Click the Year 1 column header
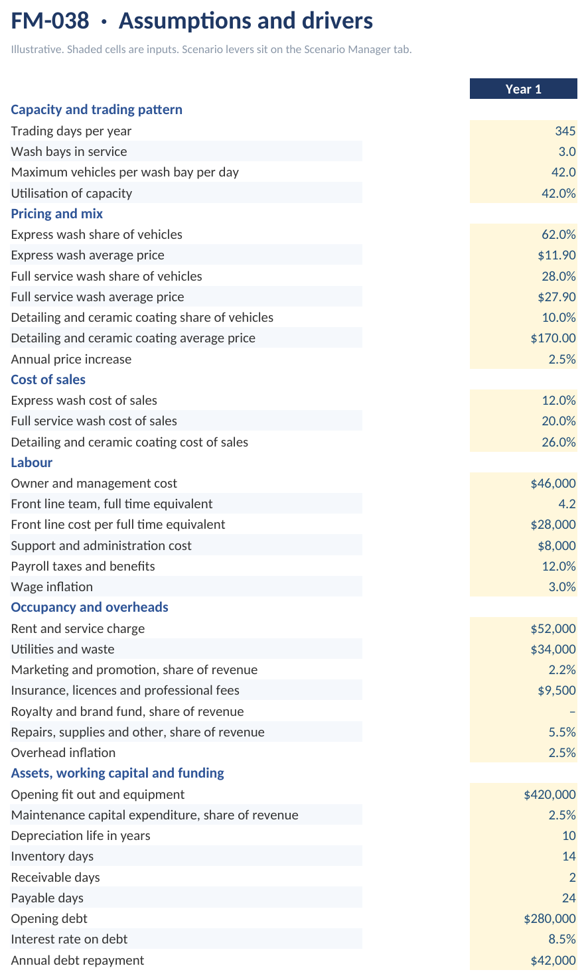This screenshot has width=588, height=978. coord(524,89)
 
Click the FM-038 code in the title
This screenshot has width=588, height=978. coord(50,21)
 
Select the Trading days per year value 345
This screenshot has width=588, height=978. coord(565,131)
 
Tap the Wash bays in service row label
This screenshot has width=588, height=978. coord(69,151)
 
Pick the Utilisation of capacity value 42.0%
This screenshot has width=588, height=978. coord(559,193)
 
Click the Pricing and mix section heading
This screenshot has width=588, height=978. coord(57,214)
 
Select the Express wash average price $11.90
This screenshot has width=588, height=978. coord(557,255)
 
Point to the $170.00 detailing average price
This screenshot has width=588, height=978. coord(553,338)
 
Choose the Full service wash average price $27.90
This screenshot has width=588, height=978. coord(557,297)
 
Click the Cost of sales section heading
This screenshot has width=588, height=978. coord(48,380)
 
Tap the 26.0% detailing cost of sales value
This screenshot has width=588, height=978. coord(559,442)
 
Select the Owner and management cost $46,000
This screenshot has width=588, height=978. coord(553,483)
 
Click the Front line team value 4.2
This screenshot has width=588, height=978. coord(567,504)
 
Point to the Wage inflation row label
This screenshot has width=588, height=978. coord(52,587)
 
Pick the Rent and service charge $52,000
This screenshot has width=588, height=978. coord(553,629)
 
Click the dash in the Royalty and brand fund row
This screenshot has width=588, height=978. coord(572,712)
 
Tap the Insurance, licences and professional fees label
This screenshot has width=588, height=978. coord(125,690)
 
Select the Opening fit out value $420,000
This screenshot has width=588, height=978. coord(550,794)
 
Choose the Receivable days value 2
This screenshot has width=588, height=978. coord(572,877)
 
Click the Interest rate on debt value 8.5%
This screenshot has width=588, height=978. coord(562,939)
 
